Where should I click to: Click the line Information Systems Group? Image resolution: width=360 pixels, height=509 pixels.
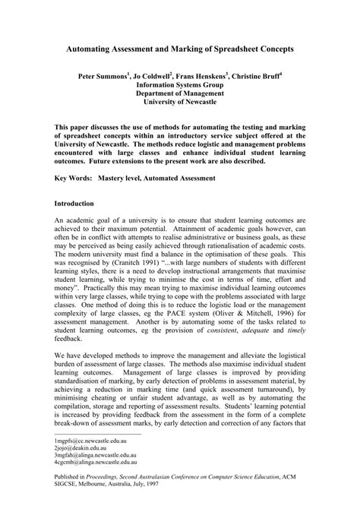click(180, 87)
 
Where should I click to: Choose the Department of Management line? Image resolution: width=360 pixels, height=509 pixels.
click(180, 96)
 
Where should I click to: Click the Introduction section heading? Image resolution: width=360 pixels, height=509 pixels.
click(74, 204)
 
